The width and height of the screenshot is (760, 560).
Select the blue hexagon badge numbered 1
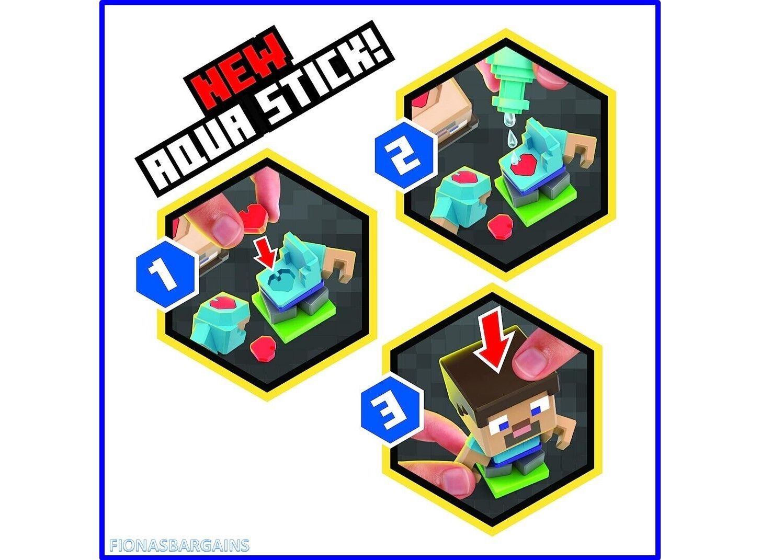(x=167, y=273)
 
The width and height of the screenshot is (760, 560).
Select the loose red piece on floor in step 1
(x=263, y=347)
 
